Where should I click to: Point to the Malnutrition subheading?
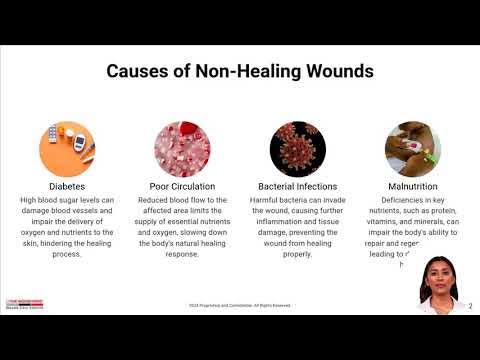pos(411,186)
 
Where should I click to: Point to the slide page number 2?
pos(471,305)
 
